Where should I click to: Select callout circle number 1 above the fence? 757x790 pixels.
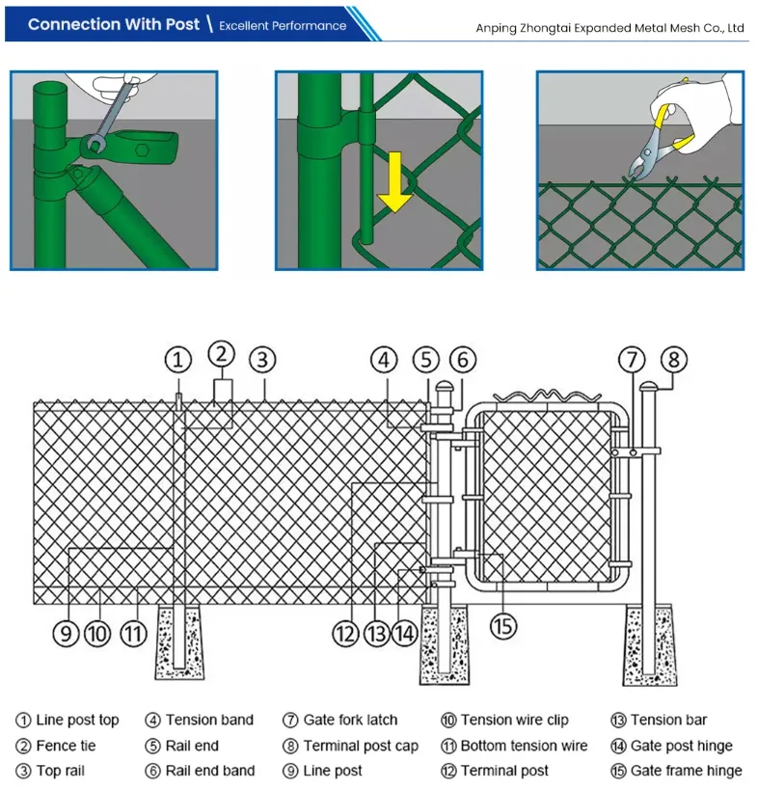coord(178,361)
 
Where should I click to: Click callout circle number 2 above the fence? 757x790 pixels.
coord(222,352)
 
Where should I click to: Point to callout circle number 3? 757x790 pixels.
coord(262,361)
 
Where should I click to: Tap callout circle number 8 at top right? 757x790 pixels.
coord(673,361)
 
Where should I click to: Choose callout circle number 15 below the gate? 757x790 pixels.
coord(502,625)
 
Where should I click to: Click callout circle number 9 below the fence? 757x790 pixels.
coord(65,634)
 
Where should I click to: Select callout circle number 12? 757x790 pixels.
coord(345,634)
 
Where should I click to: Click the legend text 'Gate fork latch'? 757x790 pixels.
coord(350,720)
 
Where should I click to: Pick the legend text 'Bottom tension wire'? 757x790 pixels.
coord(524,746)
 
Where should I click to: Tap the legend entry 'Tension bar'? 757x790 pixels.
coord(668,720)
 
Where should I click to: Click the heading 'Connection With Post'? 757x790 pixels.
coord(113,24)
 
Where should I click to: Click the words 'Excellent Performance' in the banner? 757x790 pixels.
coord(283,25)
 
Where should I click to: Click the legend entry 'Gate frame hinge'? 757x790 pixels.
coord(686,771)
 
